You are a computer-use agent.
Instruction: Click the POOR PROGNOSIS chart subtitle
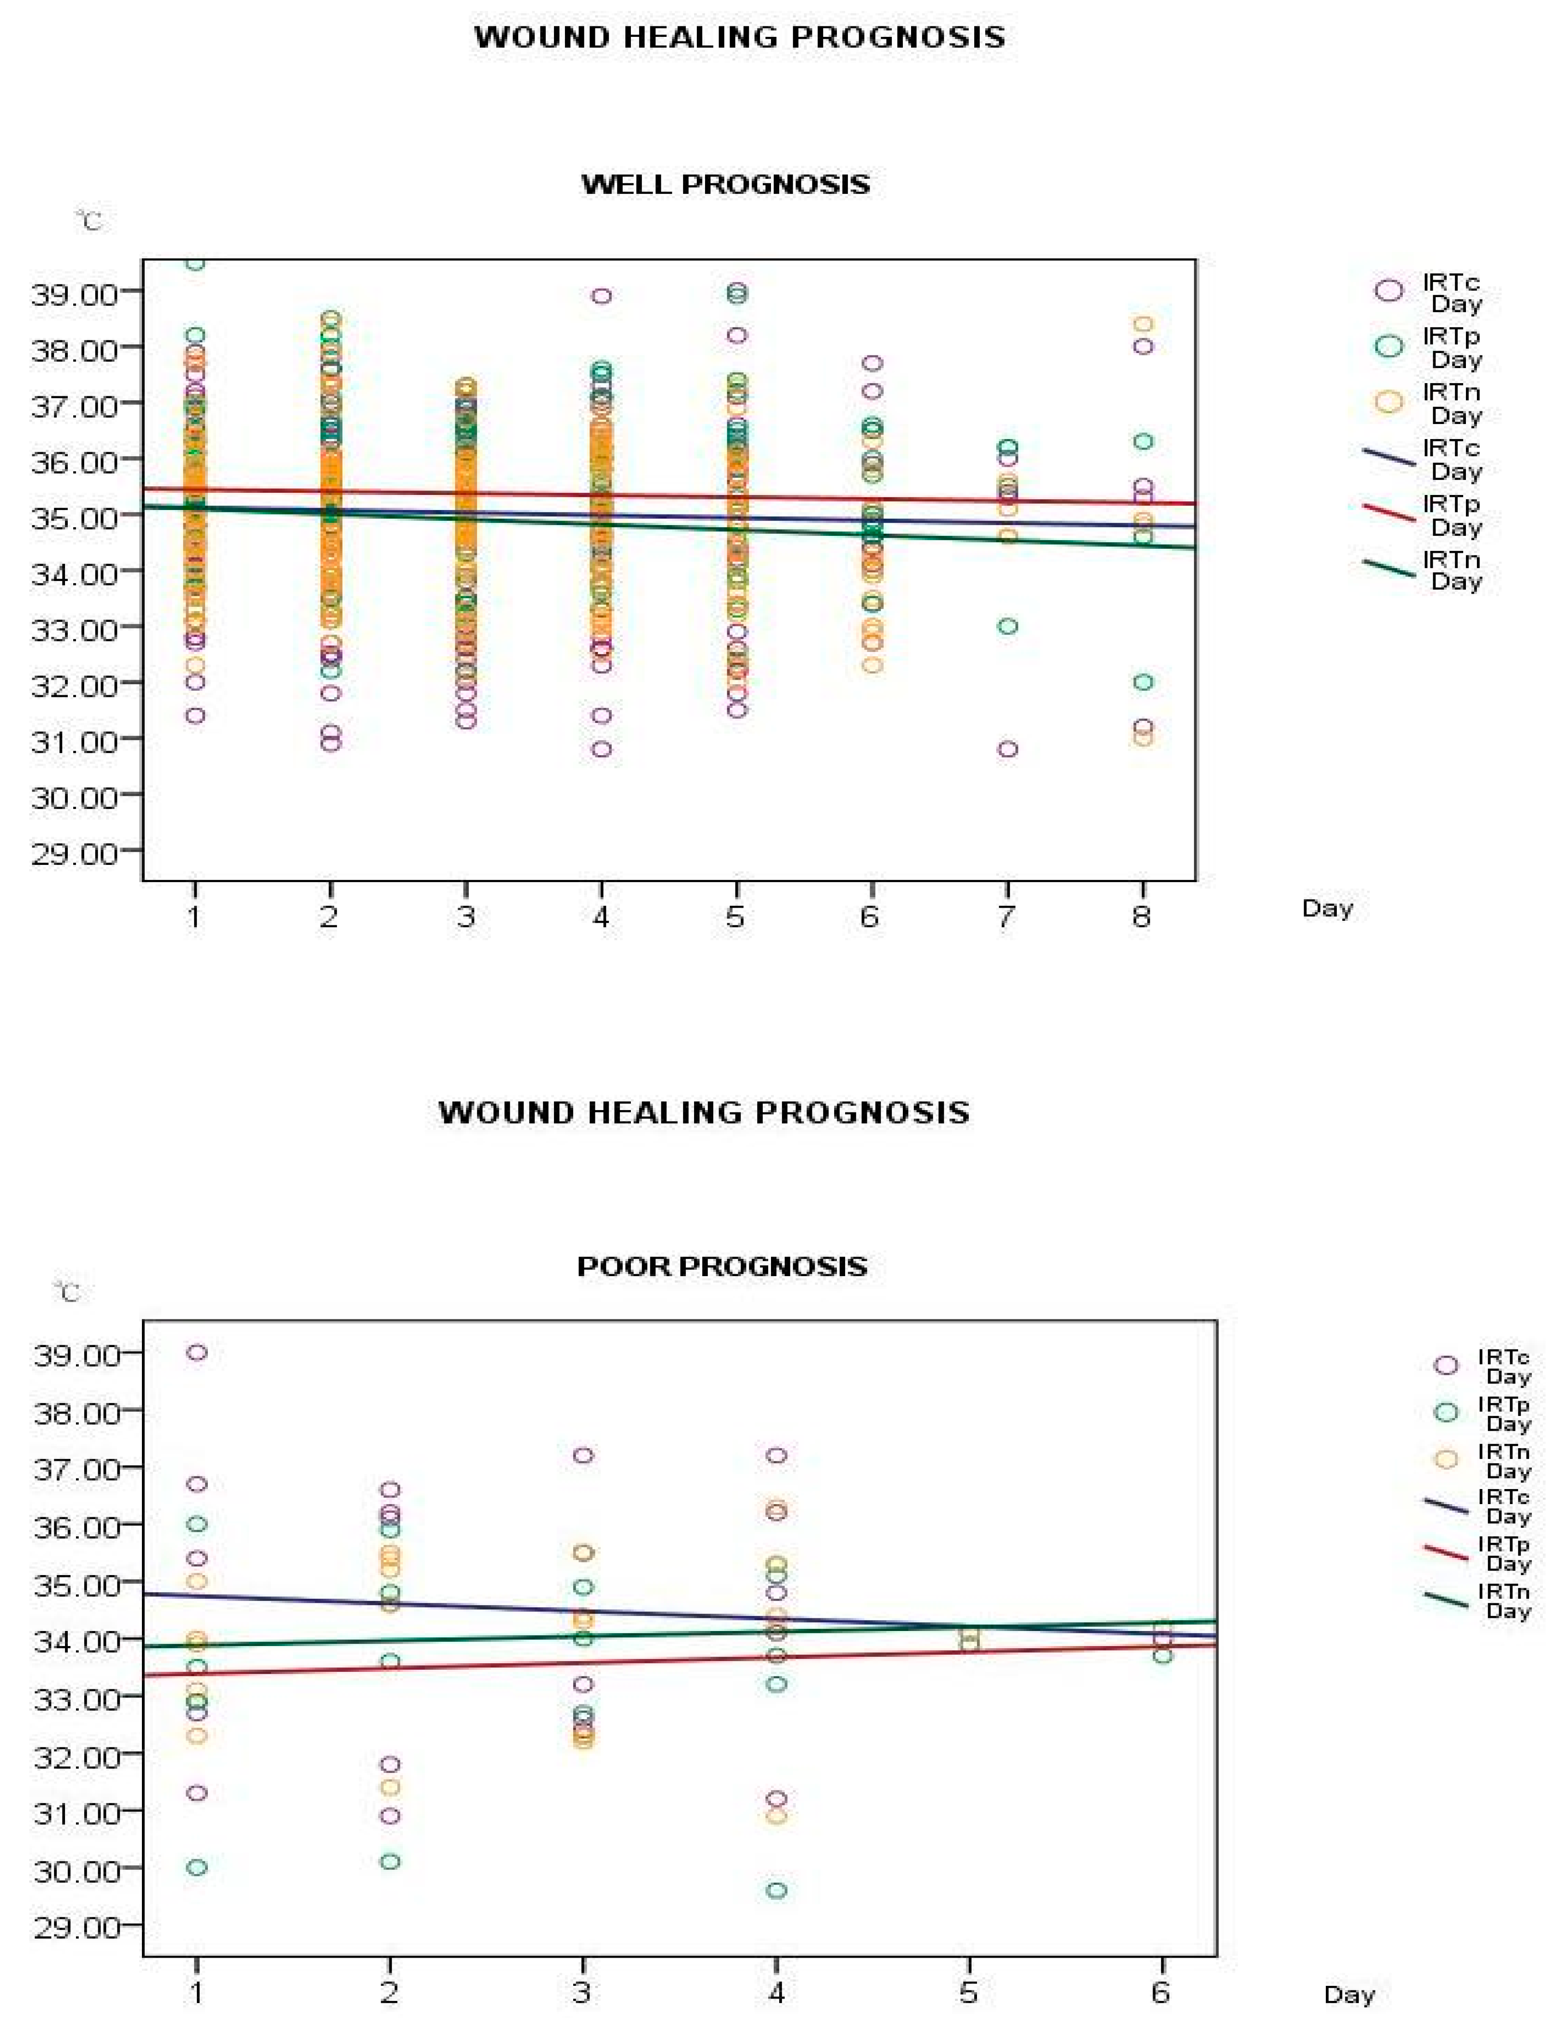pyautogui.click(x=722, y=1266)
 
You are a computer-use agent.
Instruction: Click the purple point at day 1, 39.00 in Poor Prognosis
pyautogui.click(x=196, y=1353)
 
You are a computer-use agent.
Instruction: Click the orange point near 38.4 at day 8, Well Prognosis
pyautogui.click(x=1143, y=324)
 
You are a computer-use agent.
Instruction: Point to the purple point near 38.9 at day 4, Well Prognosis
pyautogui.click(x=601, y=297)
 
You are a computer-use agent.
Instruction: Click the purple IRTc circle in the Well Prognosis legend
pyautogui.click(x=1389, y=290)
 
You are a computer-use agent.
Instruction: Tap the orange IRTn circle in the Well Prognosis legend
pyautogui.click(x=1389, y=401)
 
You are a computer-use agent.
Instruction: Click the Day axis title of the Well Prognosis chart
pyautogui.click(x=1327, y=909)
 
